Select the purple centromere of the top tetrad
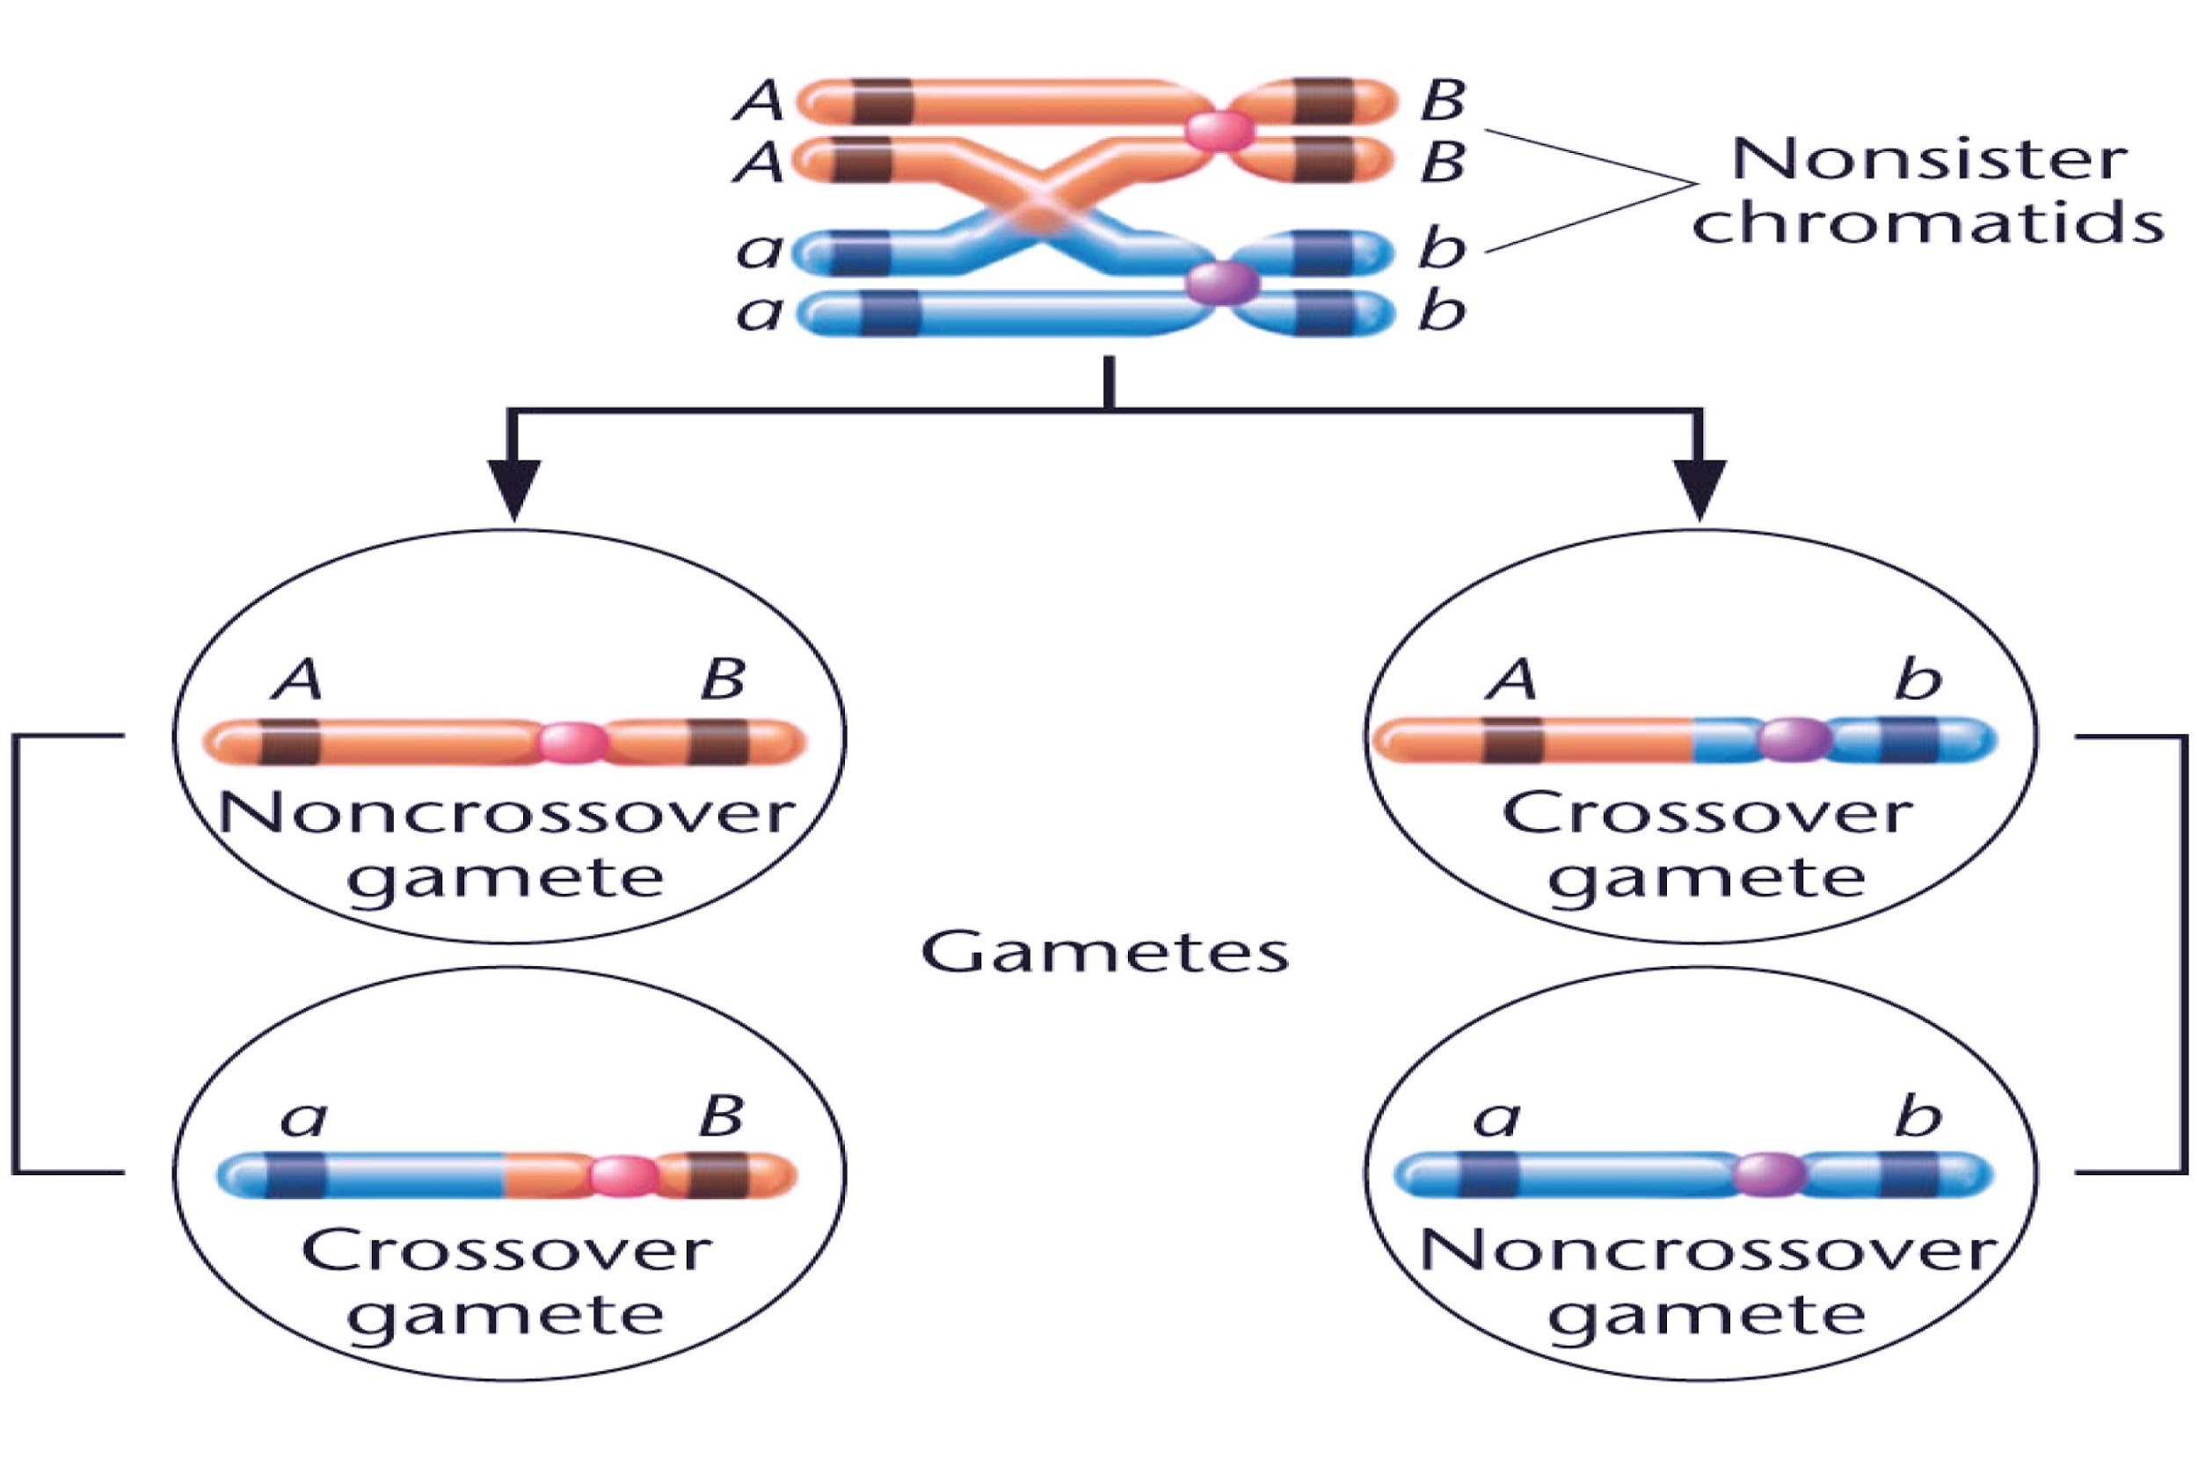pos(1222,281)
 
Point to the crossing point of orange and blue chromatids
pos(1040,209)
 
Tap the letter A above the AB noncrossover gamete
pos(297,679)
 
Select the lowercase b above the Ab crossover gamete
pos(1918,679)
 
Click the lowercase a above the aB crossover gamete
pos(303,1118)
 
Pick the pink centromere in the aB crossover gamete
pos(624,1176)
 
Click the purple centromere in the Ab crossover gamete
pos(1794,739)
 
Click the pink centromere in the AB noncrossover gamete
pos(573,742)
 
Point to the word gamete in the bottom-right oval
pos(1707,1317)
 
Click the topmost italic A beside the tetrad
pos(759,100)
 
